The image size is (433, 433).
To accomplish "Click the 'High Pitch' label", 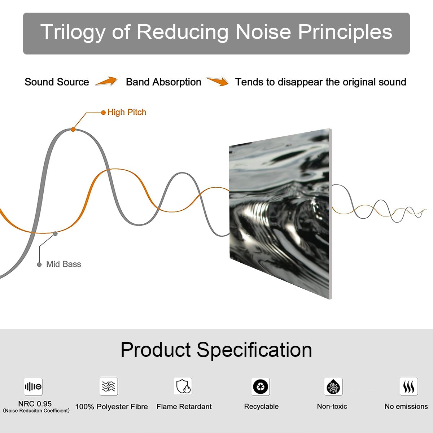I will (x=127, y=112).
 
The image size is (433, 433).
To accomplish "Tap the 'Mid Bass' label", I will (x=64, y=264).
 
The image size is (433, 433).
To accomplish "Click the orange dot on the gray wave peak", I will (x=73, y=129).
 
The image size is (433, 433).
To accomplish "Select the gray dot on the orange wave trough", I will (x=55, y=233).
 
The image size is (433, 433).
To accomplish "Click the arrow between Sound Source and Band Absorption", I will (x=106, y=82).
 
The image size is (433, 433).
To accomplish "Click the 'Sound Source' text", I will (x=57, y=82).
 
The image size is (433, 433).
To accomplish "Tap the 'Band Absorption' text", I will (x=163, y=82).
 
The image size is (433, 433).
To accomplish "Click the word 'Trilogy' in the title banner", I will (x=72, y=32).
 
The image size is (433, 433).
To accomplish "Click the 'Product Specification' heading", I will (x=216, y=350).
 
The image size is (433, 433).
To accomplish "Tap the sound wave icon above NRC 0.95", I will (x=33, y=387).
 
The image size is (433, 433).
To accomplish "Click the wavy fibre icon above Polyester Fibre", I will (x=109, y=386).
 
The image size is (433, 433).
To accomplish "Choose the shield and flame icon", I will (x=183, y=386).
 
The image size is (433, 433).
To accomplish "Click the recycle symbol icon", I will (x=261, y=386).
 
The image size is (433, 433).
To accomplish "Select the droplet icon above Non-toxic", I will (x=333, y=387).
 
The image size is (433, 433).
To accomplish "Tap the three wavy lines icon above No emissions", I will (x=408, y=387).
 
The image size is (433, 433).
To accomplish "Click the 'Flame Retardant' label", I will (x=184, y=407).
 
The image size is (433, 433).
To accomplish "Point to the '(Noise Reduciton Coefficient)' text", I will (x=36, y=411).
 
